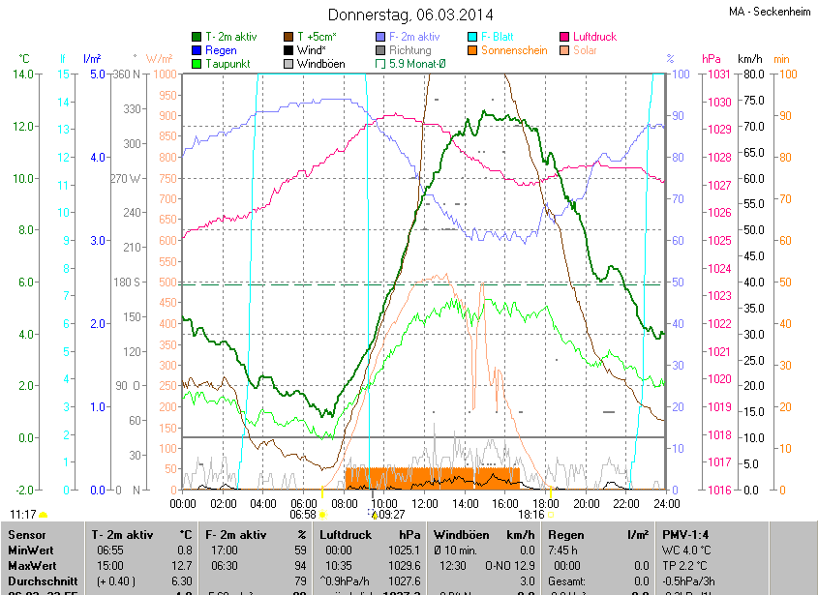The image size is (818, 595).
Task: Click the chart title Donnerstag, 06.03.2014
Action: pyautogui.click(x=410, y=15)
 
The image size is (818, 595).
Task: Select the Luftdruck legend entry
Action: pyautogui.click(x=593, y=37)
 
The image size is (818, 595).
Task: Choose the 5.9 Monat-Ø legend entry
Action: pyautogui.click(x=417, y=64)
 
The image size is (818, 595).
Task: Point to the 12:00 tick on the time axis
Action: pyautogui.click(x=425, y=503)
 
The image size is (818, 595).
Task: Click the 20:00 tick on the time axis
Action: pyautogui.click(x=587, y=503)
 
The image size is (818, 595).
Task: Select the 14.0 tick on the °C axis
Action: pyautogui.click(x=22, y=74)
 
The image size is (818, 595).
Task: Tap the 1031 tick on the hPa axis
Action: pyautogui.click(x=717, y=74)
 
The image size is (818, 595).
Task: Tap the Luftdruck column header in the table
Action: pyautogui.click(x=344, y=534)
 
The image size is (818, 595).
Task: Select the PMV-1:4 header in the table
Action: pyautogui.click(x=688, y=534)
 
